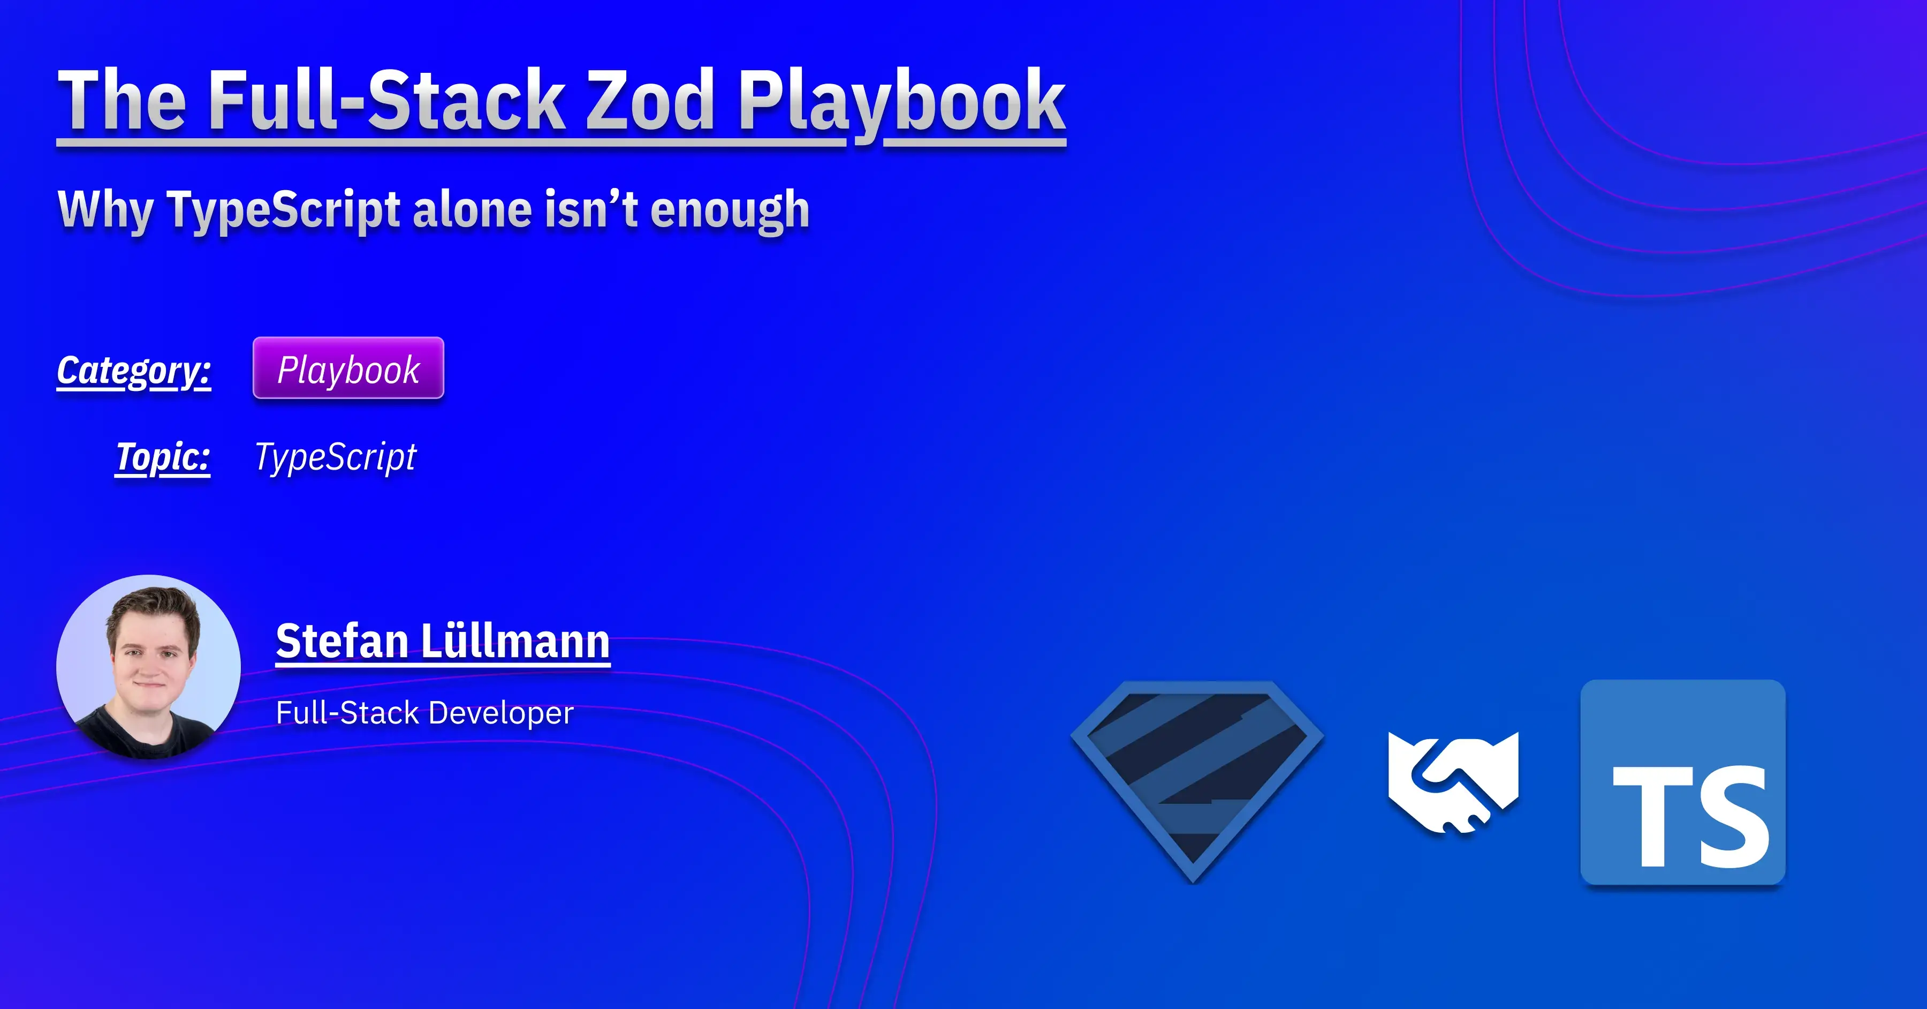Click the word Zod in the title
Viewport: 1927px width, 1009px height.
click(x=649, y=101)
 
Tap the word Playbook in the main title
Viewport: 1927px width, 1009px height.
click(x=901, y=101)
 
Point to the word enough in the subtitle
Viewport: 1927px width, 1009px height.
click(x=730, y=210)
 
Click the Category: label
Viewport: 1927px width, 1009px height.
click(x=134, y=371)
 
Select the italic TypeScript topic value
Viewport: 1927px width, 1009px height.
click(x=335, y=457)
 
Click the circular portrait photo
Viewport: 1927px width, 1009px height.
click(x=149, y=667)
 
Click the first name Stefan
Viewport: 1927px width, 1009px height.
click(x=342, y=642)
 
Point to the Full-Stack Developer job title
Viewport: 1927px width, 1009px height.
click(x=424, y=713)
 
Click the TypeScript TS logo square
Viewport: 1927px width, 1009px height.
click(x=1682, y=782)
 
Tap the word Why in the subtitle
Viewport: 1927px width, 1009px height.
click(x=105, y=210)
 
